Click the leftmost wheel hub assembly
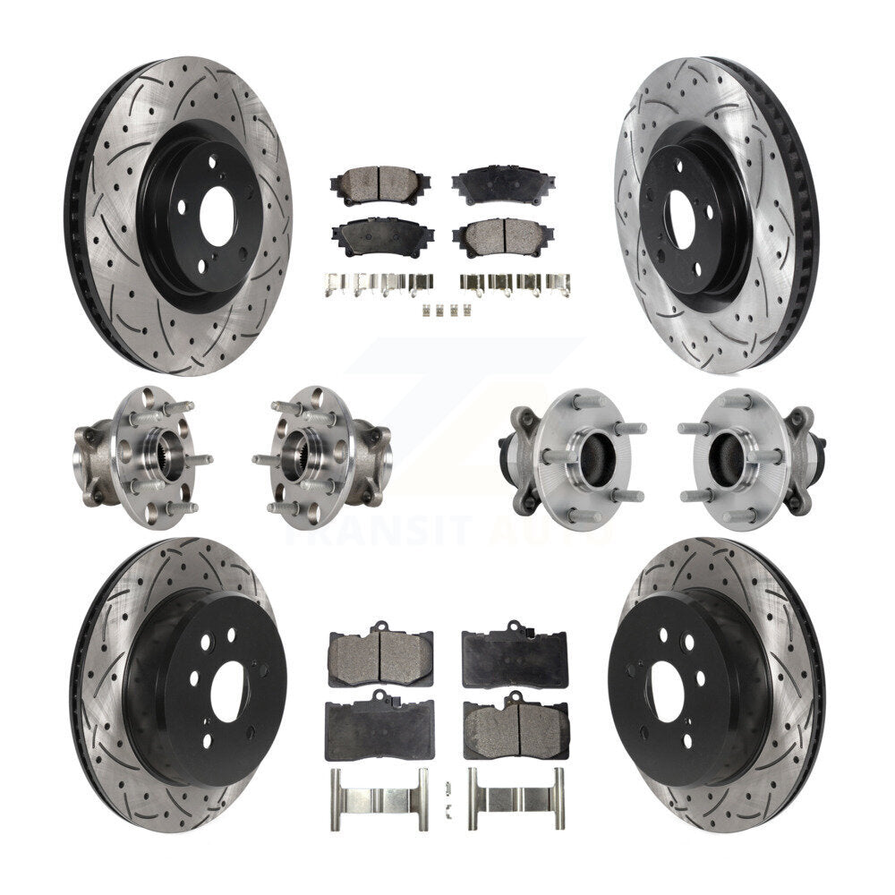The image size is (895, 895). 139,457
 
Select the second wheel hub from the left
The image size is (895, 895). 322,457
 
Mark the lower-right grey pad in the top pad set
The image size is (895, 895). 497,237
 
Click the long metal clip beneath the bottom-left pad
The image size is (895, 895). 379,787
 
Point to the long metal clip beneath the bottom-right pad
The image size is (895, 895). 516,787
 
